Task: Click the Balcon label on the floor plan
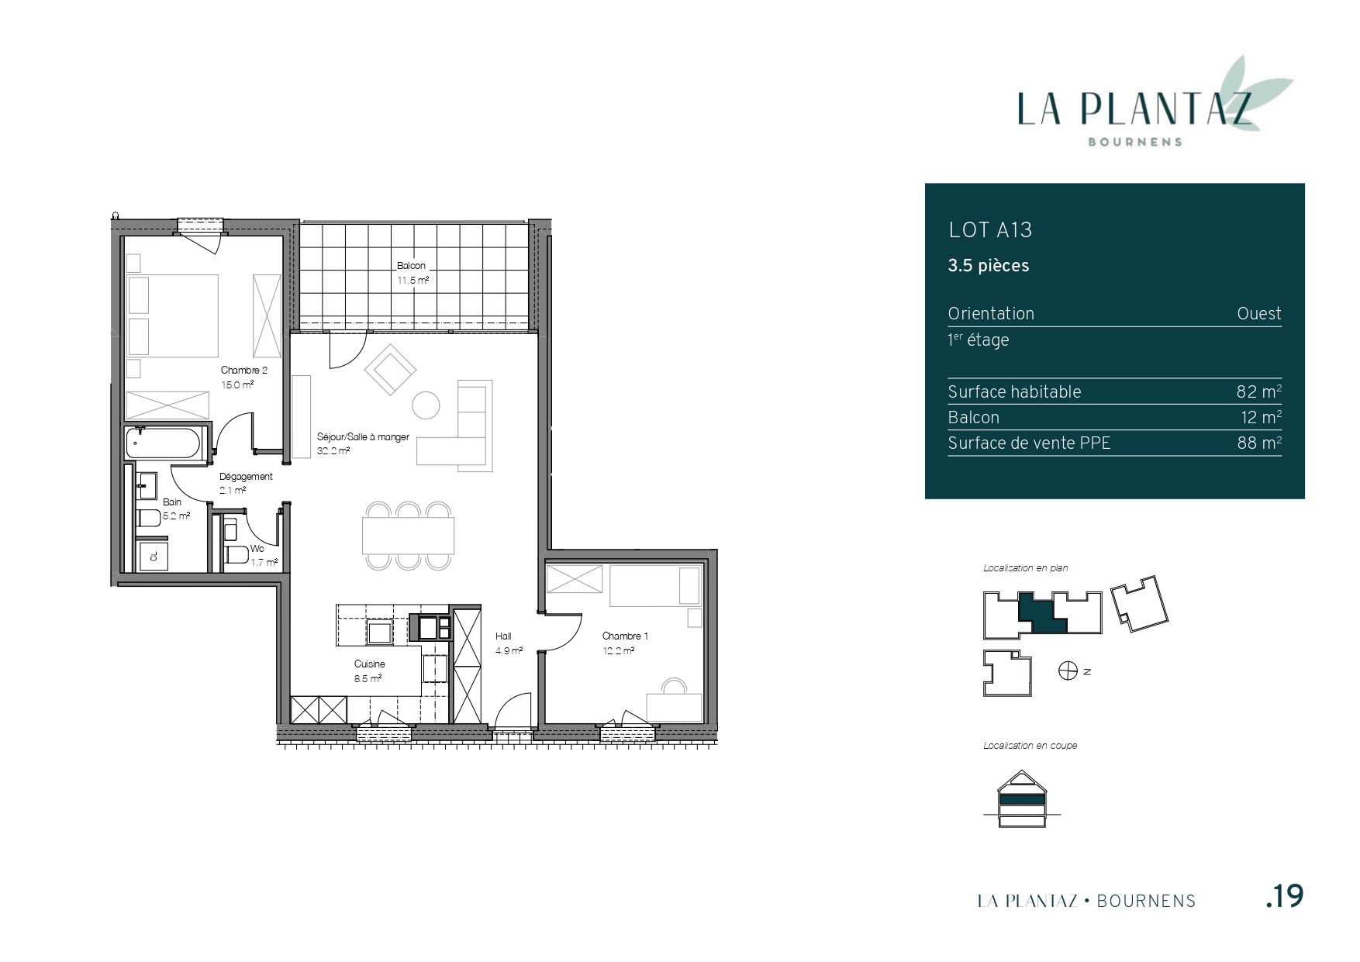[412, 266]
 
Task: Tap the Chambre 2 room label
[244, 371]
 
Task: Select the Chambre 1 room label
[625, 636]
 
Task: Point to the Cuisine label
[370, 664]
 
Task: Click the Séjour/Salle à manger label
[363, 437]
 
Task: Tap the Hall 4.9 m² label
[509, 643]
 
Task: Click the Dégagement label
[246, 477]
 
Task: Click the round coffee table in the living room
[426, 405]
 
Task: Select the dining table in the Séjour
[408, 536]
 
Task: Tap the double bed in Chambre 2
[172, 315]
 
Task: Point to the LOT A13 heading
[990, 230]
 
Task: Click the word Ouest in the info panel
[1259, 314]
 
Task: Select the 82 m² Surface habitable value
[1259, 391]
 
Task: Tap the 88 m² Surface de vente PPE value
[1259, 443]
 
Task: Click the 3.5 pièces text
[989, 266]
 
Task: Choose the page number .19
[1284, 896]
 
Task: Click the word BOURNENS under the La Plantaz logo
[1135, 142]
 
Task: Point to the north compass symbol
[1068, 671]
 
